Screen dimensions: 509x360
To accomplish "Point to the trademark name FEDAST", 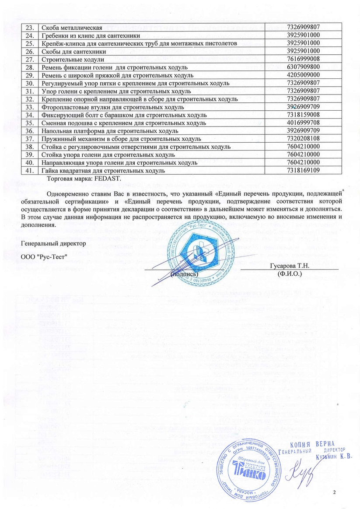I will (x=101, y=179).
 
